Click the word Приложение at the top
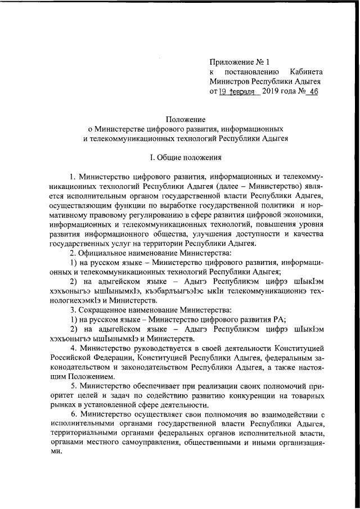tap(231, 61)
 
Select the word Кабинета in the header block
tap(307, 71)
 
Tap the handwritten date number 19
tap(224, 92)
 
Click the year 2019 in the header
tap(273, 92)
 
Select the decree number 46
tap(312, 92)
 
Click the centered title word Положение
tap(185, 119)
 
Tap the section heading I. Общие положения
tap(185, 157)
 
